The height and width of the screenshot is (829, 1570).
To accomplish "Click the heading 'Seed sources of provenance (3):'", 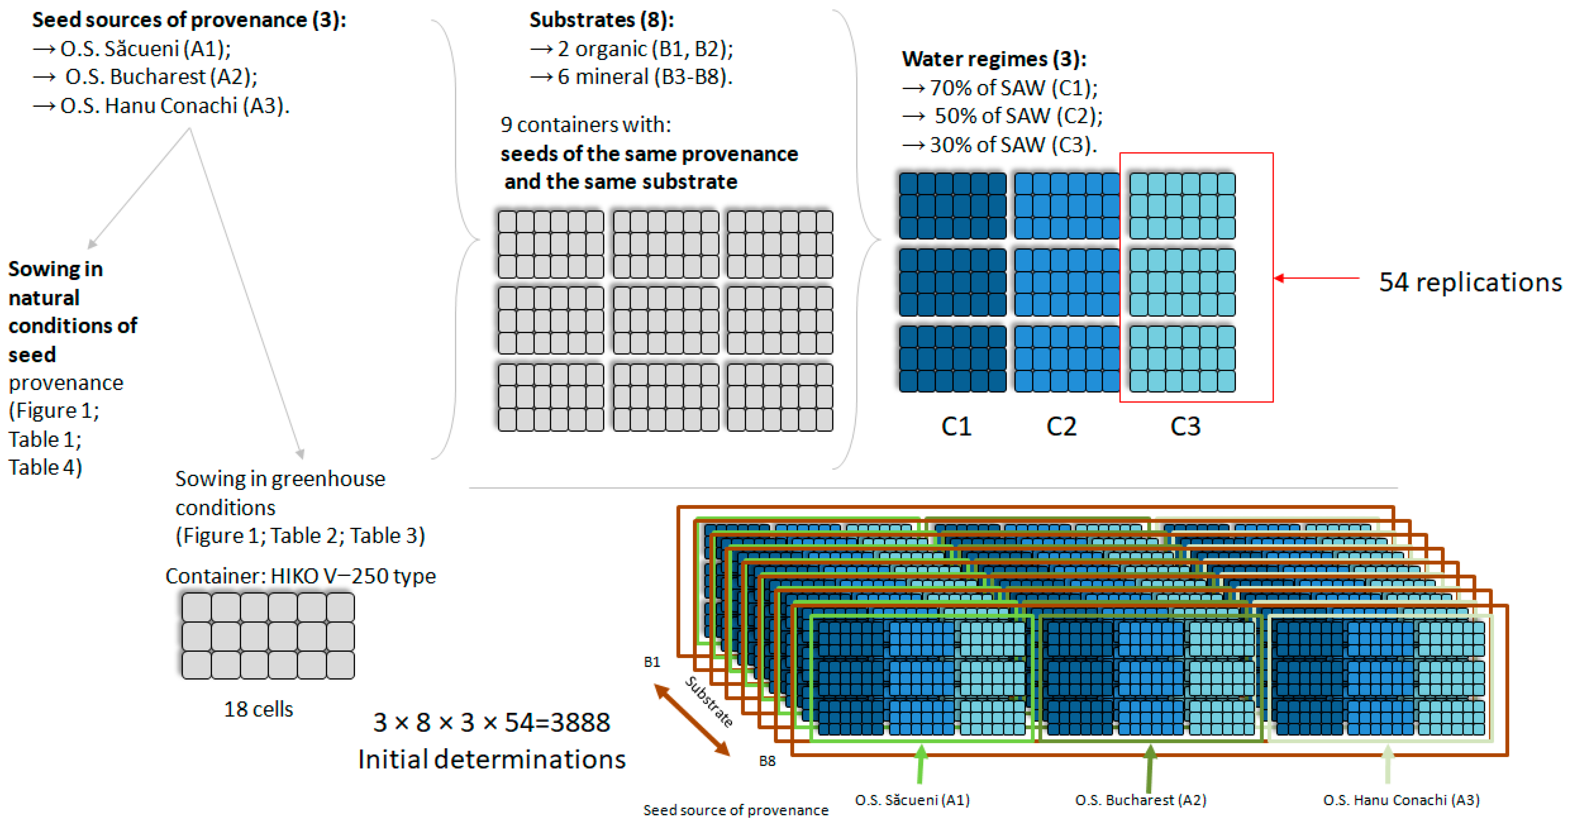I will point(189,20).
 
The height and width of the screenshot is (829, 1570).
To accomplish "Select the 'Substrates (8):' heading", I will point(602,20).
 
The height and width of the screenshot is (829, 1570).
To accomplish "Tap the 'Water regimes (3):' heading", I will point(994,59).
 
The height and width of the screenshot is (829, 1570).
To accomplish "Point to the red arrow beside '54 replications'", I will point(1316,278).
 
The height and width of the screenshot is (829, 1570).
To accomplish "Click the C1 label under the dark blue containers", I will point(956,426).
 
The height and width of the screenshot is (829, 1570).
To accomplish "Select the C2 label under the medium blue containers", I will point(1061,426).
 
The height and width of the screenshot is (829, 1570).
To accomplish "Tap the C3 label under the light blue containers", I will point(1185,426).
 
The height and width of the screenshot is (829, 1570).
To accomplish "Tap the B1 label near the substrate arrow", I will point(652,662).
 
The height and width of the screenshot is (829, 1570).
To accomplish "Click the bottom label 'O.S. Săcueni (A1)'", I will point(912,800).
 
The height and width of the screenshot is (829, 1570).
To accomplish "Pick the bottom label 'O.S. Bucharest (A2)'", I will point(1140,800).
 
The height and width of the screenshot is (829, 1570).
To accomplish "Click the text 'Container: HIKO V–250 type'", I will point(301,576).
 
